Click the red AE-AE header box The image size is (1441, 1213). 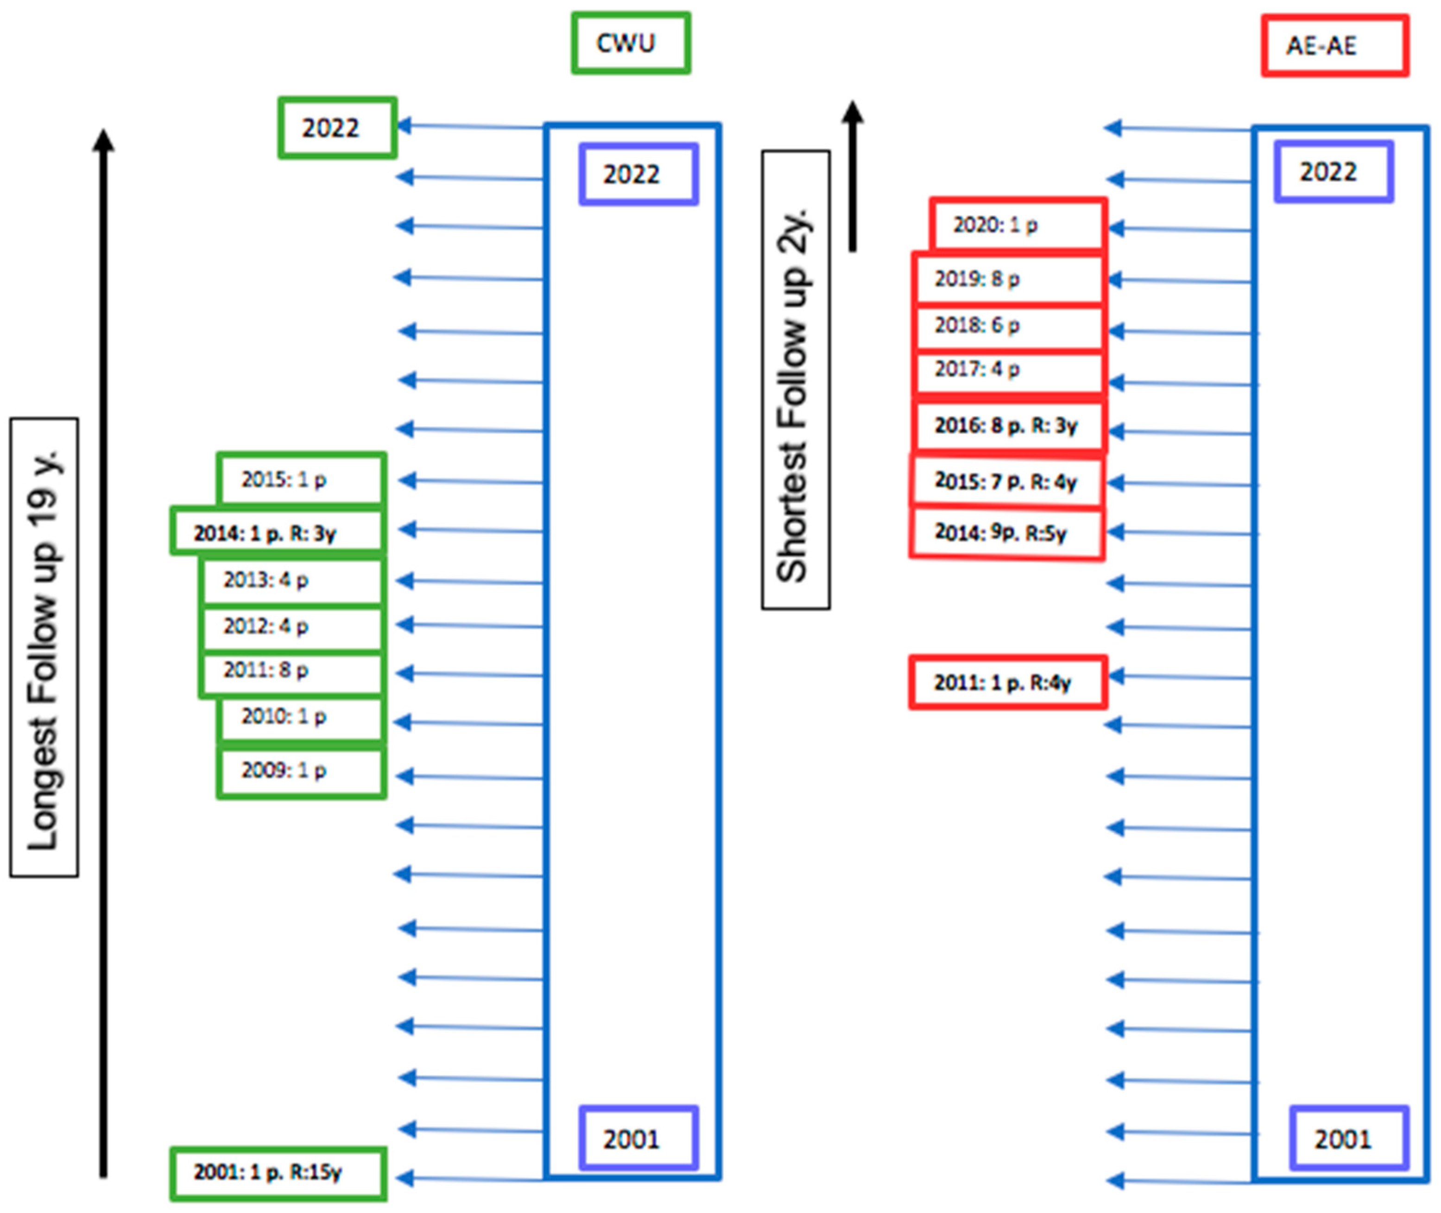tap(1334, 46)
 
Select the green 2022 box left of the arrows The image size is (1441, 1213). tap(337, 128)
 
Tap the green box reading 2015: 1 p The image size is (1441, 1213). tap(301, 479)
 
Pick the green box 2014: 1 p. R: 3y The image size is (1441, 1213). tap(277, 532)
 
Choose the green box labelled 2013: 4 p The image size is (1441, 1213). tap(291, 580)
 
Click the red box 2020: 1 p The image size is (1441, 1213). tap(1018, 225)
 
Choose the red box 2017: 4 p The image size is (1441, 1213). tap(1008, 370)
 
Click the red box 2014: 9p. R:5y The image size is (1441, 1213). tap(1007, 533)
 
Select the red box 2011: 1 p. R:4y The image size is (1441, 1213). tap(1008, 682)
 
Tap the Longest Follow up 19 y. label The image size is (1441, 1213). tap(44, 647)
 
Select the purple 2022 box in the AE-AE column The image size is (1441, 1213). tap(1333, 172)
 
